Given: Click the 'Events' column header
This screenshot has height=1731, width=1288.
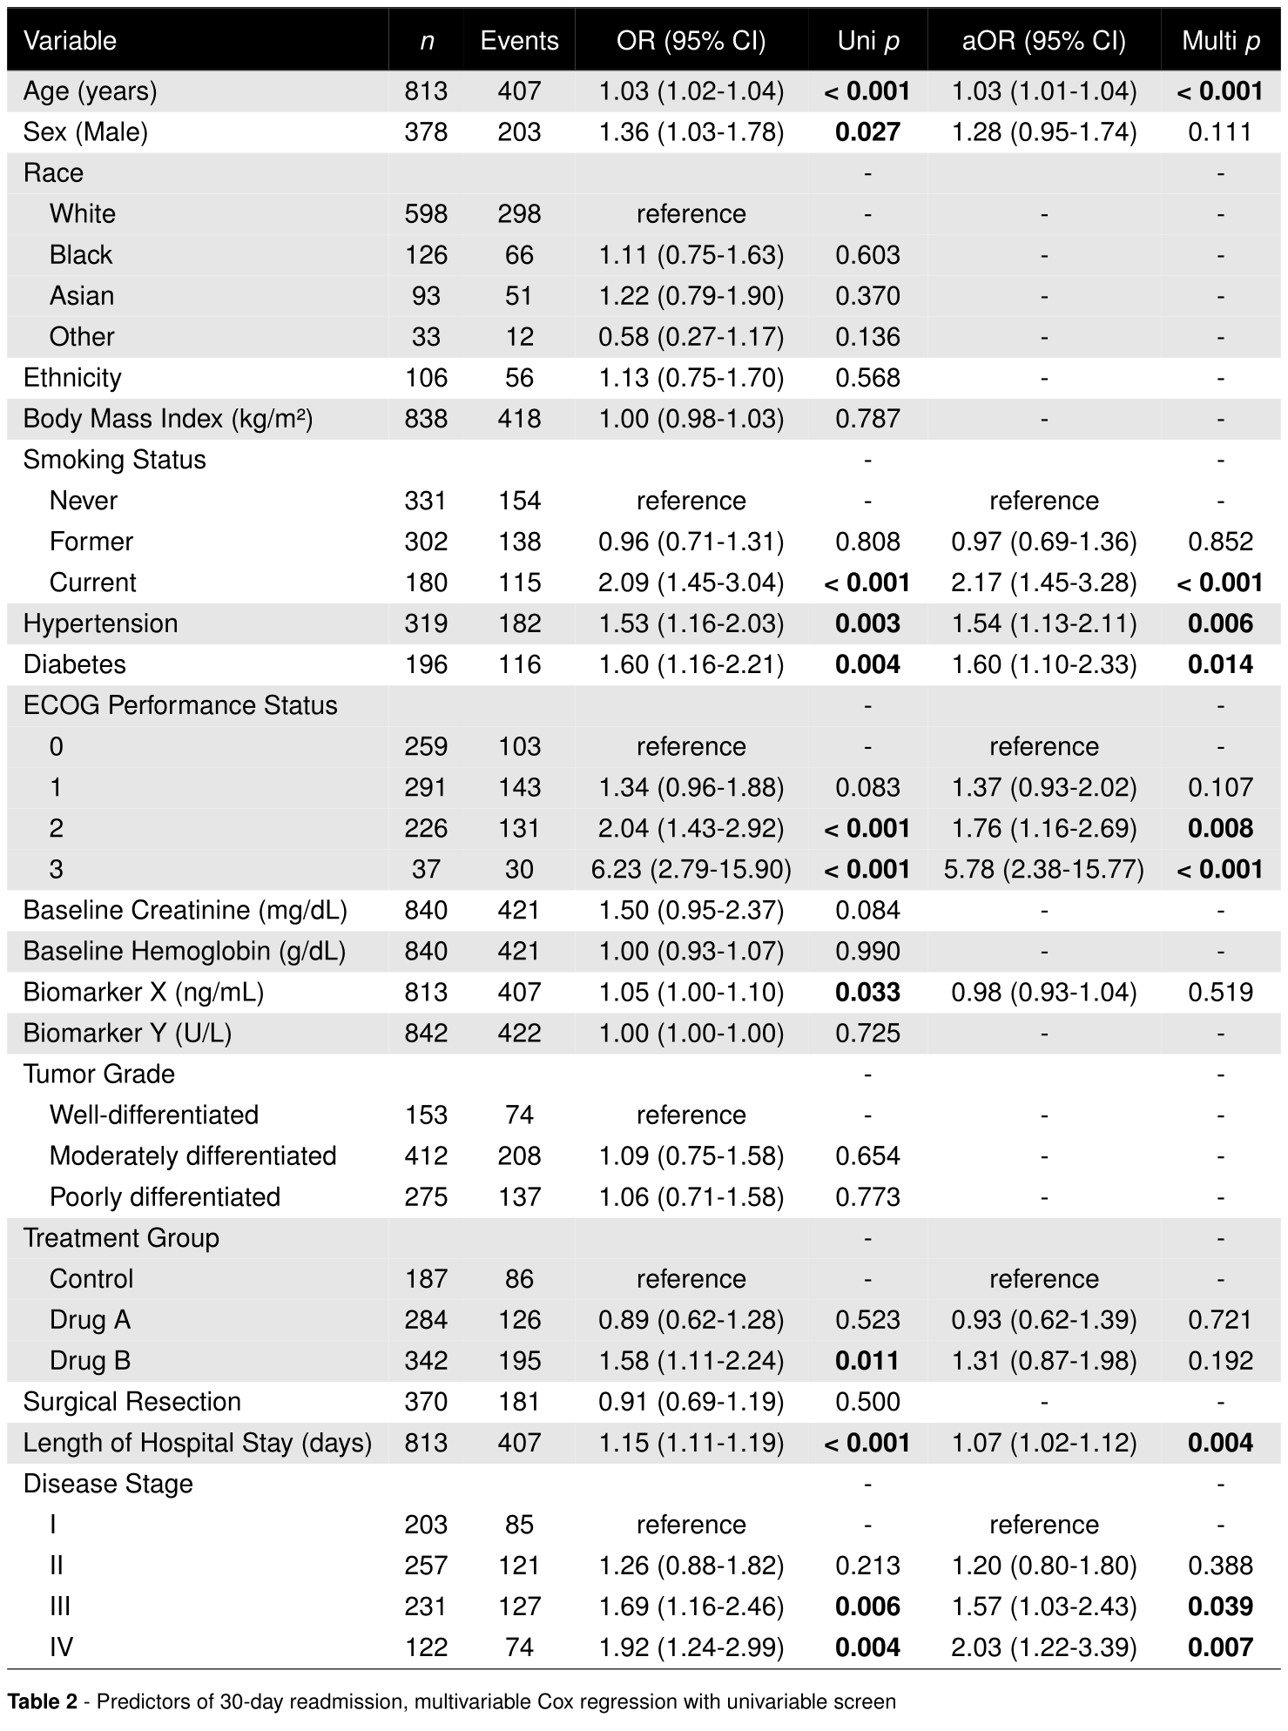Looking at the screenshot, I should coord(519,41).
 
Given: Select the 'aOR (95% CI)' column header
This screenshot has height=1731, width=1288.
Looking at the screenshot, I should coord(1043,41).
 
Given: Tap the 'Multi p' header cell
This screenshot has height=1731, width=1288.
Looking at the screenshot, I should coord(1220,41).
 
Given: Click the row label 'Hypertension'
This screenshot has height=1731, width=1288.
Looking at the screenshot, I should coord(100,623).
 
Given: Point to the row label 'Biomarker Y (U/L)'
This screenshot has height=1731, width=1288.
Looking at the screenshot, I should coord(127,1033).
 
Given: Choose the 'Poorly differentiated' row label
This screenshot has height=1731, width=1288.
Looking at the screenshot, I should coord(165,1196).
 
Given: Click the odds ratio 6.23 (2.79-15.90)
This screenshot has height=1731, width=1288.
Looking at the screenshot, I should coord(691,869).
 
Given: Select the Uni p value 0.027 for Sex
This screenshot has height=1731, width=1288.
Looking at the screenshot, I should coord(867,132).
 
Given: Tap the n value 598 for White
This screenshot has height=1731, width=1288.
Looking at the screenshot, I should coord(426,214).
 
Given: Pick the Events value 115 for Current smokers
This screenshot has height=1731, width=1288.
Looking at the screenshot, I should coord(519,583).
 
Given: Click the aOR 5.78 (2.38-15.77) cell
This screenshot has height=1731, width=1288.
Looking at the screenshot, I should coord(1043,869).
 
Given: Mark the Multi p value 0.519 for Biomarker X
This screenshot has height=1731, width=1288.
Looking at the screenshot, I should coord(1220,992).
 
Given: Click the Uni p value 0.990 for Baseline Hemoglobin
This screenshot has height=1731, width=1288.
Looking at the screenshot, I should coord(867,951).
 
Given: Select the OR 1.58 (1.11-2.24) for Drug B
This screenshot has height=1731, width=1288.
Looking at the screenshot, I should coord(691,1360).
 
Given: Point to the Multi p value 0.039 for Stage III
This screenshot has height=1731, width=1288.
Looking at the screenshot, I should coord(1220,1606).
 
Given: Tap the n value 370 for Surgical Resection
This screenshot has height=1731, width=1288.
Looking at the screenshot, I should coord(426,1401).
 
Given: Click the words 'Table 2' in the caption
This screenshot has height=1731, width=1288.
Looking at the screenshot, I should coord(42,1701).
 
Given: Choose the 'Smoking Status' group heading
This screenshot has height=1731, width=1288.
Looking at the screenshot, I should coord(114,460).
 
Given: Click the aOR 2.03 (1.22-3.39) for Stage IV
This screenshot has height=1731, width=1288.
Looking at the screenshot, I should coord(1043,1647).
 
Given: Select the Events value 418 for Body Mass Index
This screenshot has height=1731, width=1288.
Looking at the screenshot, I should coord(519,419).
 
